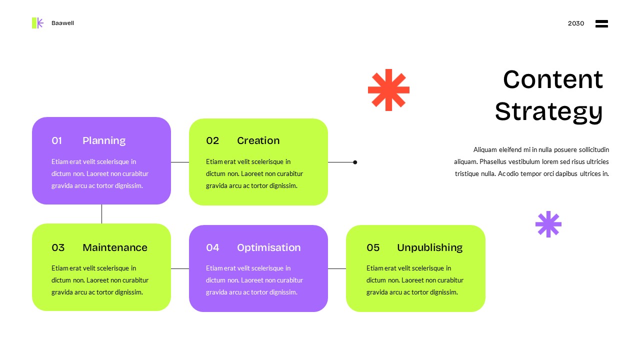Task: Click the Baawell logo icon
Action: click(37, 23)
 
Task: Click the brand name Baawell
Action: click(62, 23)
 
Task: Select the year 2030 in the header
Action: click(575, 23)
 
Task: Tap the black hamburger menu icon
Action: click(601, 23)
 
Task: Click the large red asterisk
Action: click(388, 90)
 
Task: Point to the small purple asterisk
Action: click(548, 224)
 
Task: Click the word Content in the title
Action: click(553, 80)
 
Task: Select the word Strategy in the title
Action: click(548, 111)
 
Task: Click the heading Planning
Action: click(104, 140)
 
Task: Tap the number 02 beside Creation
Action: click(212, 140)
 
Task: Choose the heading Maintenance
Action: click(115, 247)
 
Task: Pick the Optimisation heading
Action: click(268, 247)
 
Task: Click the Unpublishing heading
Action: click(429, 247)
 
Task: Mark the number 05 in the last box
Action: click(373, 247)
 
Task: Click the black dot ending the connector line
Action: click(355, 162)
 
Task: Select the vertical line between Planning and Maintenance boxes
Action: click(101, 214)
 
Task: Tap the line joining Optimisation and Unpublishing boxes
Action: click(336, 268)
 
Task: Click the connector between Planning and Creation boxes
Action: click(179, 162)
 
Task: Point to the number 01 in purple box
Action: click(56, 140)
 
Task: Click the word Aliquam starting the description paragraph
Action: click(485, 149)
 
